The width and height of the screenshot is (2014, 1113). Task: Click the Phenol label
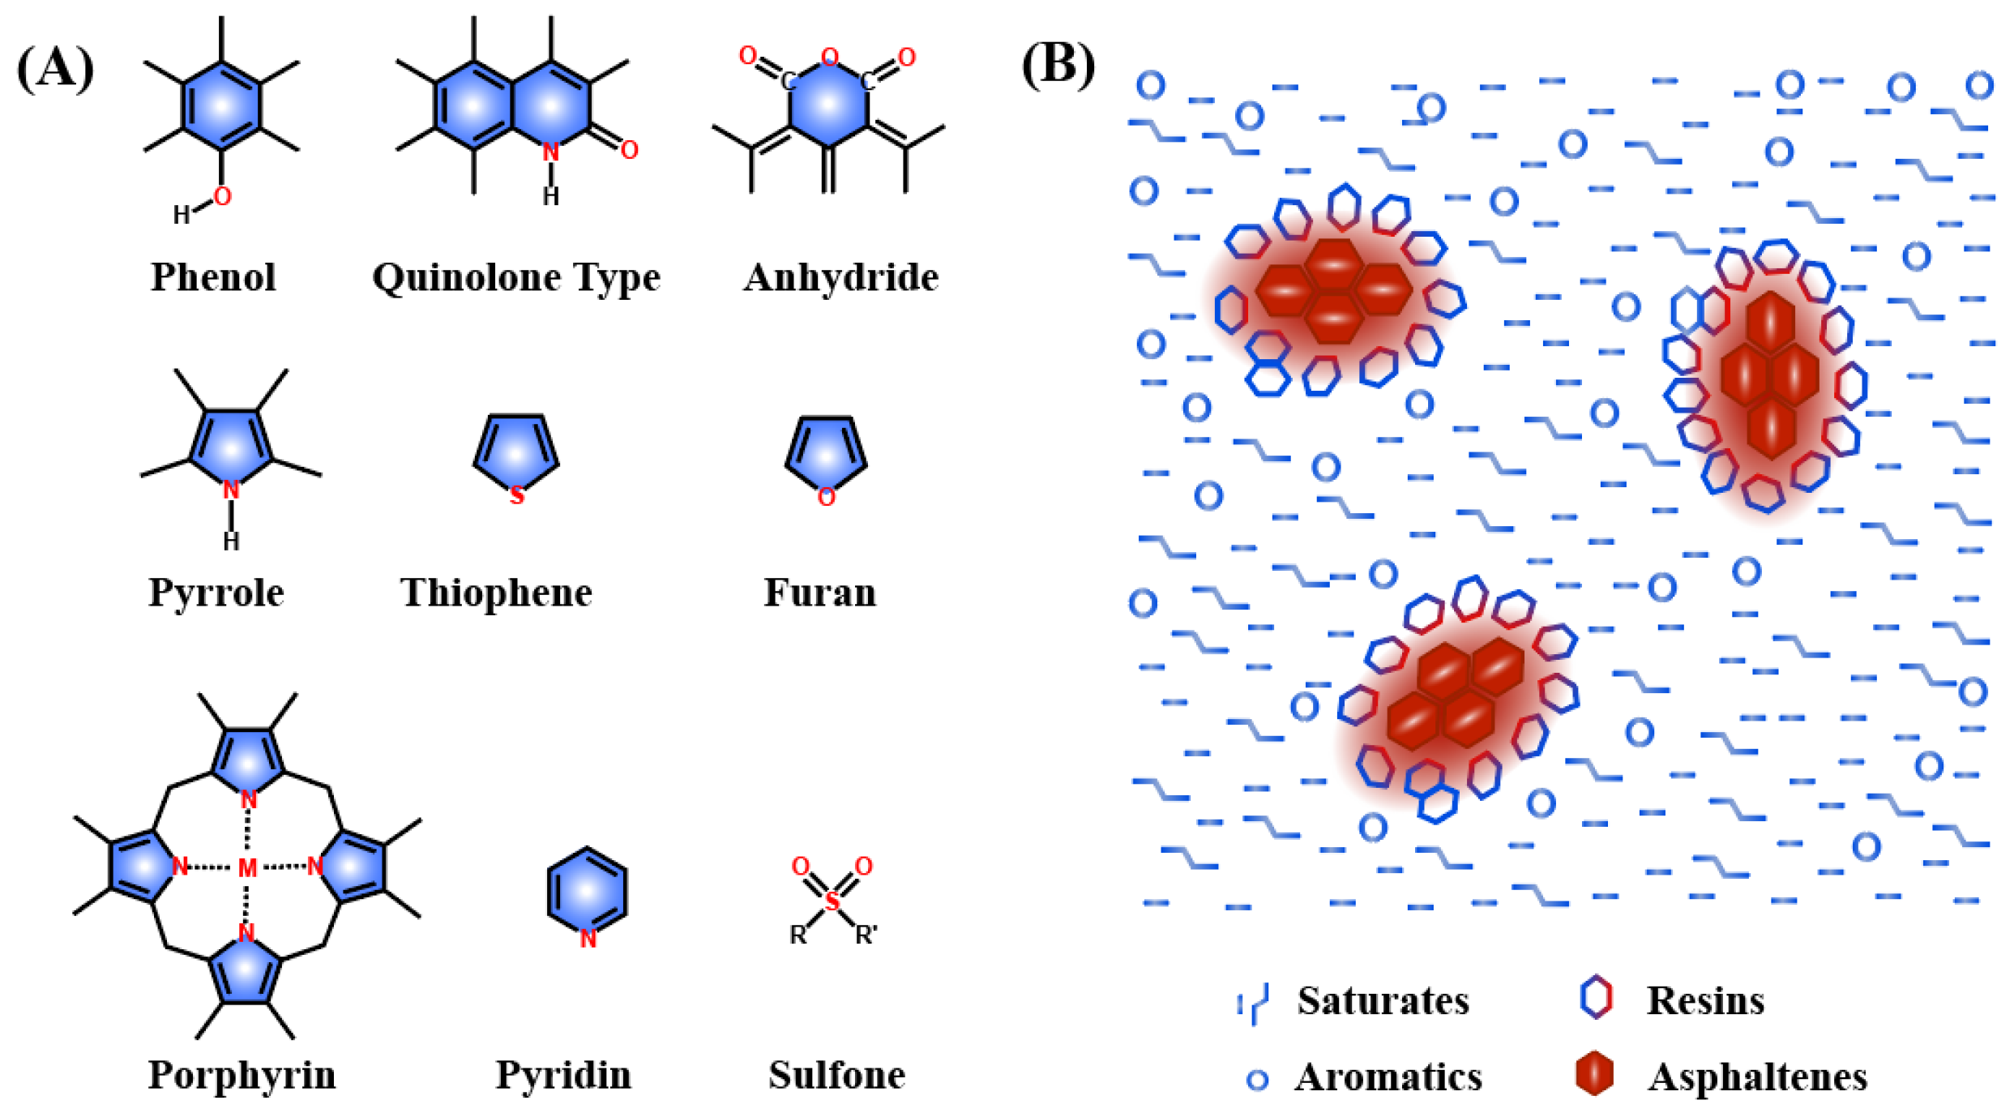coord(213,277)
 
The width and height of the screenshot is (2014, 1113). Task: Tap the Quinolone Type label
coord(516,278)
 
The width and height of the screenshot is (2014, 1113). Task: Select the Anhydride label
coord(840,277)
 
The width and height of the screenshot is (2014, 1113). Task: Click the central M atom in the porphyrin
coord(247,868)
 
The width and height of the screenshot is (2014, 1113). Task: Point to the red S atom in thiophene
coord(516,495)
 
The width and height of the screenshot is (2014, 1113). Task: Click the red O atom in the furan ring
coord(826,497)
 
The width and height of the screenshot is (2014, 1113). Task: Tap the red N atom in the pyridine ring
coord(588,939)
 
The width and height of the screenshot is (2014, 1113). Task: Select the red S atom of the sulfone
coord(832,900)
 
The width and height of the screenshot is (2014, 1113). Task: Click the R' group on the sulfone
coord(866,935)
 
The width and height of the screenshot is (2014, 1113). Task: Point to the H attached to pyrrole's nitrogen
coord(231,541)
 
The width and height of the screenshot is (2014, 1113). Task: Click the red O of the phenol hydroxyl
coord(222,196)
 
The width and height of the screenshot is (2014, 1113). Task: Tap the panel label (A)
coord(55,68)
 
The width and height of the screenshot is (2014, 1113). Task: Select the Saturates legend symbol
coord(1253,1004)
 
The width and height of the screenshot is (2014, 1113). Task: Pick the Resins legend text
coord(1705,1000)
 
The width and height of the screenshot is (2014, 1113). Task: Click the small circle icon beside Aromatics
coord(1257,1079)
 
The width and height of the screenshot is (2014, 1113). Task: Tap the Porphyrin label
coord(242,1075)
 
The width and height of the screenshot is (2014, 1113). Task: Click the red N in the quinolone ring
coord(550,152)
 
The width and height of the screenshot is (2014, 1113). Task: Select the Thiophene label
coord(496,593)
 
